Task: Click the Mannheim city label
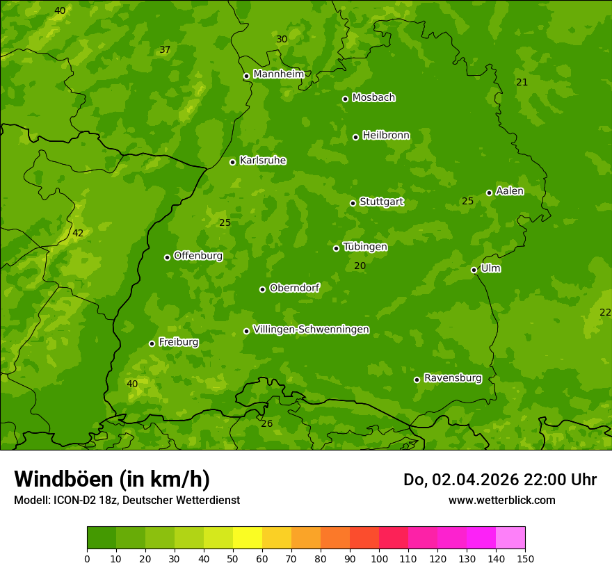[x=278, y=74]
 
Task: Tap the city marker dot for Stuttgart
[x=353, y=203]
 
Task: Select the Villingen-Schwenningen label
[x=311, y=330]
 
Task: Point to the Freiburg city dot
[x=152, y=343]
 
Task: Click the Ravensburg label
[x=452, y=378]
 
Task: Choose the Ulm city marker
[x=474, y=270]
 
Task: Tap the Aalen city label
[x=510, y=191]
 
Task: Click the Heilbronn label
[x=386, y=136]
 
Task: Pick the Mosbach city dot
[x=345, y=99]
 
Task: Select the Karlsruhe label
[x=262, y=161]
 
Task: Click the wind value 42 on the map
[x=78, y=233]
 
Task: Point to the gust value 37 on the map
[x=165, y=49]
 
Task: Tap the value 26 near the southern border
[x=267, y=423]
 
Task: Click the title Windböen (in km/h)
[x=112, y=479]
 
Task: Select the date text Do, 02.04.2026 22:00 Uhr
[x=499, y=480]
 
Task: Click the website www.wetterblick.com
[x=501, y=500]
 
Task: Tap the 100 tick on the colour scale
[x=379, y=558]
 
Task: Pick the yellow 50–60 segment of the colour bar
[x=248, y=538]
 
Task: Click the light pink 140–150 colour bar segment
[x=510, y=538]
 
